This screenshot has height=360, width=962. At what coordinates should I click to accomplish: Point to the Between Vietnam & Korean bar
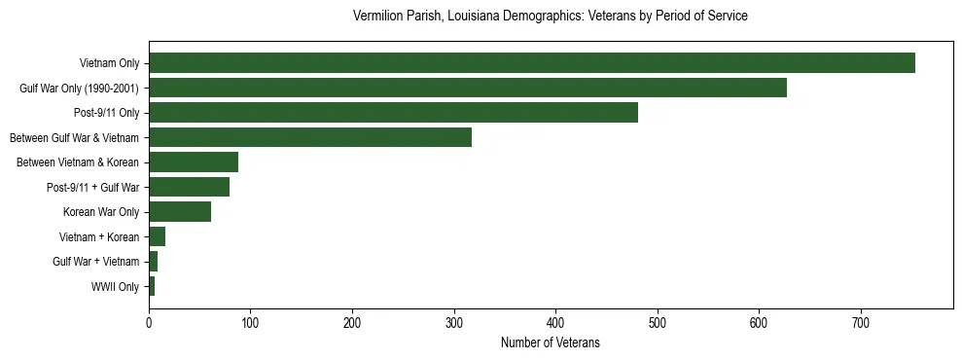[194, 162]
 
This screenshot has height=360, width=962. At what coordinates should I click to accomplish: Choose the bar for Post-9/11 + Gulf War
[189, 187]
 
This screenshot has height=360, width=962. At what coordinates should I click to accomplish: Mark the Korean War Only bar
[180, 212]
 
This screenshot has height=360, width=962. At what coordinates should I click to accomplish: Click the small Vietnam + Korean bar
[157, 236]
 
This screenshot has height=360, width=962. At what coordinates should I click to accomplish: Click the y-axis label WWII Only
[116, 287]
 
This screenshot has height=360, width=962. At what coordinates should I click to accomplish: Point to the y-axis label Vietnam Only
[109, 64]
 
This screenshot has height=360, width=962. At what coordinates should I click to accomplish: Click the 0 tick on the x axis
[149, 322]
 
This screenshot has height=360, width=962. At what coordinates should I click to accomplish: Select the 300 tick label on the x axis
[454, 322]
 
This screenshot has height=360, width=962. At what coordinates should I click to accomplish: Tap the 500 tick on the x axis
[658, 322]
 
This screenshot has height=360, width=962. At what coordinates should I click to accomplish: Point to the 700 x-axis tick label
[861, 322]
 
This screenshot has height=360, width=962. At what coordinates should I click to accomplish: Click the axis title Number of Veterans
[550, 343]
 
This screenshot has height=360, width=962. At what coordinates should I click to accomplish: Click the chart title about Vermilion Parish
[550, 17]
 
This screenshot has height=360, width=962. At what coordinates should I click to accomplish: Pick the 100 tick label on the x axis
[250, 322]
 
